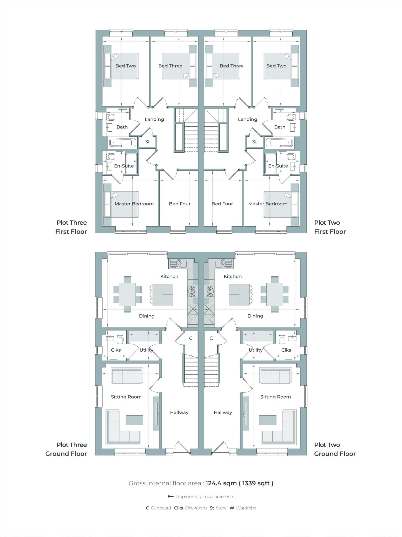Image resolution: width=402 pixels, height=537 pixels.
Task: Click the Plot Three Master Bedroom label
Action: click(x=134, y=204)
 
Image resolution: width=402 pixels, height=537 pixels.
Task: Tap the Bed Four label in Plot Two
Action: click(x=222, y=204)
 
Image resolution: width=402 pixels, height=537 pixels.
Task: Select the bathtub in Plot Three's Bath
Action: click(x=122, y=143)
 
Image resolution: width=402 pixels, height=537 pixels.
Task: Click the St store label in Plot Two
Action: click(x=254, y=142)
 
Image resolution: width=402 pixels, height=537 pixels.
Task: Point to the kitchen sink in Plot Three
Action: click(x=178, y=263)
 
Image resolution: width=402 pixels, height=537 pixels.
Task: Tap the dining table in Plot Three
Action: click(x=127, y=294)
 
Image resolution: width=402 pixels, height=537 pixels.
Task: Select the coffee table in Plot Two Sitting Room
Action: click(x=267, y=420)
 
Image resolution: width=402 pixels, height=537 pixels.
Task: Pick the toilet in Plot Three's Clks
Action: click(x=120, y=340)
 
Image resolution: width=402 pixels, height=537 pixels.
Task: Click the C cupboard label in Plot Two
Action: click(x=211, y=338)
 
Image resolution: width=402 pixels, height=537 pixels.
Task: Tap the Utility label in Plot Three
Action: click(x=146, y=350)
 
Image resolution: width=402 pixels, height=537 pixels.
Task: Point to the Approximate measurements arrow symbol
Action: click(x=171, y=496)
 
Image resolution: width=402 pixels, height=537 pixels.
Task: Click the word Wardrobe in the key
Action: click(x=246, y=508)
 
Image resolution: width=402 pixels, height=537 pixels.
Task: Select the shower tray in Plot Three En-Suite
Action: click(x=131, y=164)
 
